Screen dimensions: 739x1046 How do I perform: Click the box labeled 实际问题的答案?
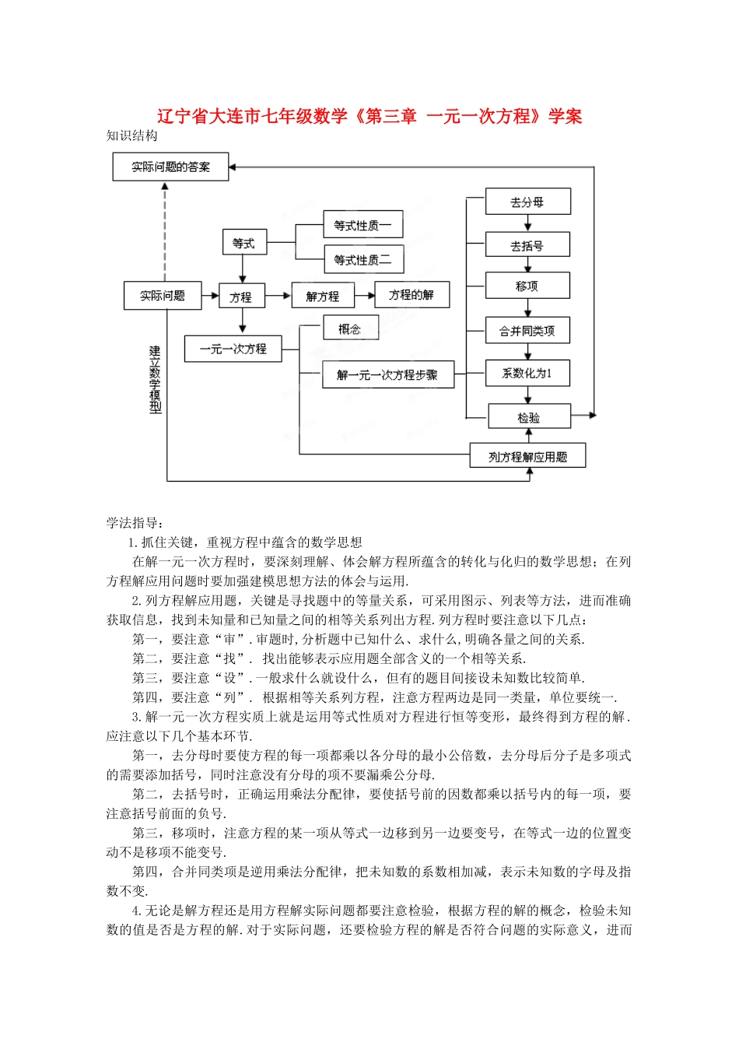170,167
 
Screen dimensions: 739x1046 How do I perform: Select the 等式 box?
243,243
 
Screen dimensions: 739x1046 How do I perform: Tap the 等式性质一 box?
362,225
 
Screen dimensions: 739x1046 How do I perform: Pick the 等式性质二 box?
362,259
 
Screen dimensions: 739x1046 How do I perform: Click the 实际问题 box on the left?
163,296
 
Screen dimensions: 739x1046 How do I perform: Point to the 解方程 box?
322,296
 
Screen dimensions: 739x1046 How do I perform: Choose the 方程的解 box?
412,295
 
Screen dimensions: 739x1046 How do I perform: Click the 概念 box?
350,328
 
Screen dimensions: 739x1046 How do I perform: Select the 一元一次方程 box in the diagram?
233,349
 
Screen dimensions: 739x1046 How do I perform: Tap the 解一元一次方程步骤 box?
387,375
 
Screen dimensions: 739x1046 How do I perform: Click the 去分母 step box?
527,202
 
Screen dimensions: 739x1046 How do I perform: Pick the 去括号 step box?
527,245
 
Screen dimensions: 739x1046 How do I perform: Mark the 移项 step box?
527,286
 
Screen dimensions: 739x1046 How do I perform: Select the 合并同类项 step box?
527,331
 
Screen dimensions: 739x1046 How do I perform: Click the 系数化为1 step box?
527,374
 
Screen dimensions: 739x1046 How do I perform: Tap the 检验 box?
529,417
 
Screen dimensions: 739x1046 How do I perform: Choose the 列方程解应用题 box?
527,457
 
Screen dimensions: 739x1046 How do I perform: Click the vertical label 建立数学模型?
156,380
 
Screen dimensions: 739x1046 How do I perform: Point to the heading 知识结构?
132,136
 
